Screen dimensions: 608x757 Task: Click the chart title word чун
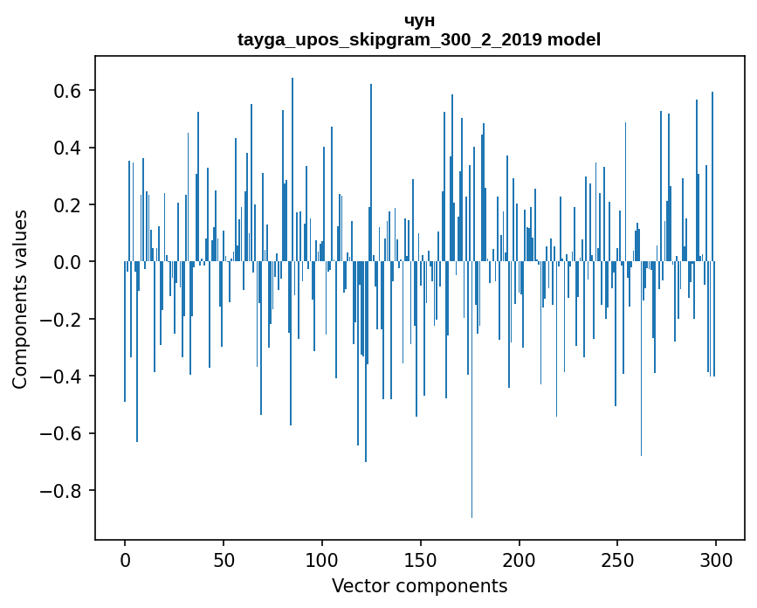coord(419,21)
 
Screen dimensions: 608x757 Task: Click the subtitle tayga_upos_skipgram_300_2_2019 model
coord(419,40)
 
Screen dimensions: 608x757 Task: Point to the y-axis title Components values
coord(20,299)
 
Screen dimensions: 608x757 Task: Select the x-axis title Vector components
coord(419,586)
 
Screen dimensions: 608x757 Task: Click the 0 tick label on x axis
coord(125,559)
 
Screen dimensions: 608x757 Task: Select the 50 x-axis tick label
coord(224,559)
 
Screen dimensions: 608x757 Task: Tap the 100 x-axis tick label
coord(322,559)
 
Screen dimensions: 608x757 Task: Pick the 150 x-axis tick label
coord(421,559)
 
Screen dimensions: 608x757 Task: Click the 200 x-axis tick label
coord(520,559)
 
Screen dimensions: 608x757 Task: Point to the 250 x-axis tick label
coord(617,559)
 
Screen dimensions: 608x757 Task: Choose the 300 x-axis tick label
coord(716,559)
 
